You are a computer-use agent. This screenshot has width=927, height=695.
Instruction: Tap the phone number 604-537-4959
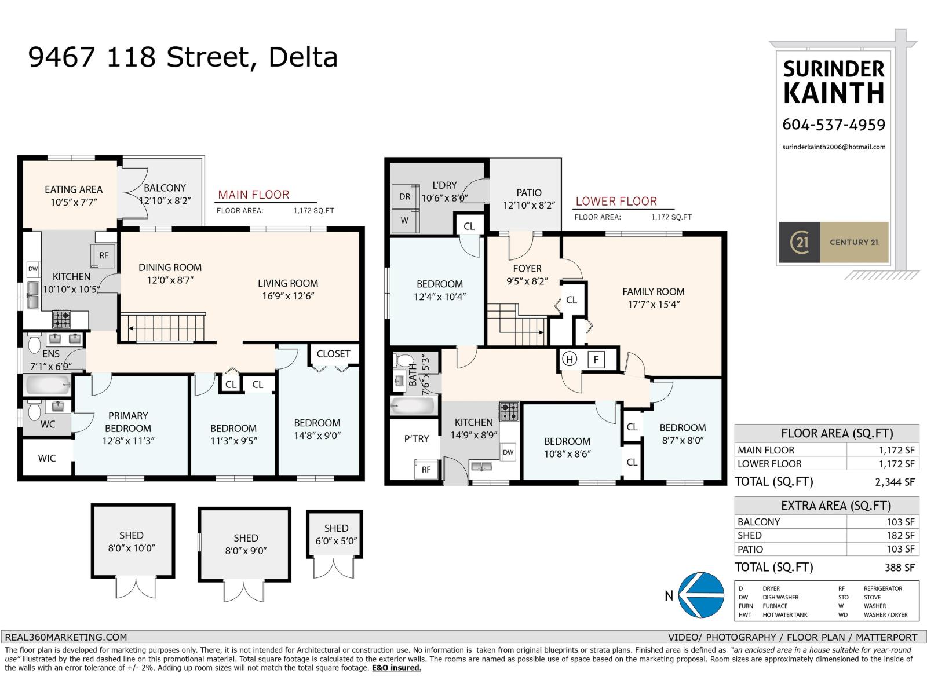point(834,125)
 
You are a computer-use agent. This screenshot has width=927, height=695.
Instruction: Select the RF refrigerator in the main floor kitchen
point(103,255)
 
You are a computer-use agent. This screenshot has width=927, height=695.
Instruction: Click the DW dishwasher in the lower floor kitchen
point(508,452)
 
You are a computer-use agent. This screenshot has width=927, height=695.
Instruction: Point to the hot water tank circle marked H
point(570,360)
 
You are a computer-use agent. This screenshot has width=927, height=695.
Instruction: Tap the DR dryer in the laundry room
point(404,197)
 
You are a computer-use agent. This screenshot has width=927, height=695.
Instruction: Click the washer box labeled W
point(404,221)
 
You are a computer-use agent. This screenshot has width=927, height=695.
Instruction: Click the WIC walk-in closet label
point(47,458)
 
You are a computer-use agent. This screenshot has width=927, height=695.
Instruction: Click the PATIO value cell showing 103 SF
point(900,549)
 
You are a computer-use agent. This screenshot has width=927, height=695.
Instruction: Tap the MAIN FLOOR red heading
point(253,195)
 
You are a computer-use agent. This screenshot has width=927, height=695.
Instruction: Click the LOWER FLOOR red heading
point(616,202)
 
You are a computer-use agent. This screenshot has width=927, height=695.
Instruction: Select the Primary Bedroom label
point(128,422)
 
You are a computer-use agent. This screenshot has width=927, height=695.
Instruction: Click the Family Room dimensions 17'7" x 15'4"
point(653,305)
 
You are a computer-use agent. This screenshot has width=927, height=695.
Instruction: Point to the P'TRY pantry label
point(417,438)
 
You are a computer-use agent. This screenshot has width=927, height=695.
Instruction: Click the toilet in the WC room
point(33,411)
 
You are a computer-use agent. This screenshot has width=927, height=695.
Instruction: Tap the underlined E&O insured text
point(396,668)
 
